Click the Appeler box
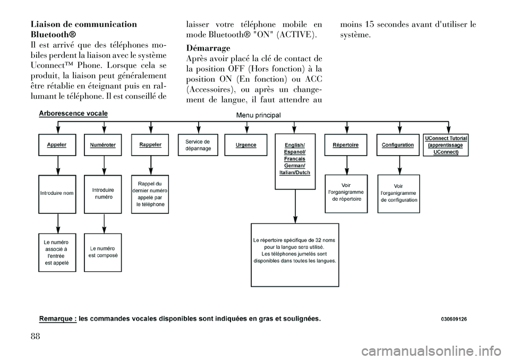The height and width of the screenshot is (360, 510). pos(57,144)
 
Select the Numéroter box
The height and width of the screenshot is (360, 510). pos(103,144)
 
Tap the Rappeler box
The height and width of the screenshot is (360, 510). pos(150,144)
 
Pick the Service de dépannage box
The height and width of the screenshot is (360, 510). pos(198,145)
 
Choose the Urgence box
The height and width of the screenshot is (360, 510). pos(245,145)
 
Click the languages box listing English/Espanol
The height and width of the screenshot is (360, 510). pos(295,161)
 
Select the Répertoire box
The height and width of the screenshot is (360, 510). pos(345,144)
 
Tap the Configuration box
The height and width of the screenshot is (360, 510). pos(397,144)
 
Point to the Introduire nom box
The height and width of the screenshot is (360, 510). pos(57,193)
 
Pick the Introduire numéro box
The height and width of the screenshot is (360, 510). pos(103,193)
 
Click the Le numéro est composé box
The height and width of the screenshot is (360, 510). pos(103,252)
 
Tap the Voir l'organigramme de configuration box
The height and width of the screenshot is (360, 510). pos(398,193)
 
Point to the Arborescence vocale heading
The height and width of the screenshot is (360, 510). pos(73,113)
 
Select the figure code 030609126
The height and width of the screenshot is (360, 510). pos(454,319)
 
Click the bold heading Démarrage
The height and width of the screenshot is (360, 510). pos(208,47)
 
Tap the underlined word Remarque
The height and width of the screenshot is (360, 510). pos(57,319)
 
